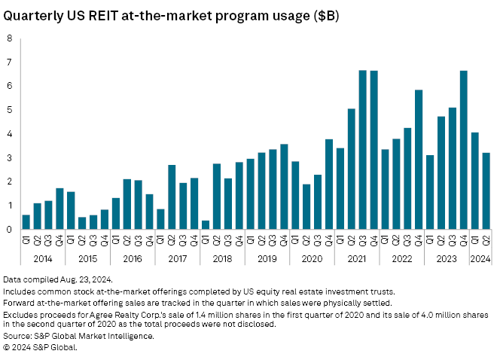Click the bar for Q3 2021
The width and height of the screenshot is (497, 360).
(362, 150)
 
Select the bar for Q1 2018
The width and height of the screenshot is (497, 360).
(206, 224)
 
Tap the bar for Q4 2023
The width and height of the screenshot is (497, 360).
(464, 150)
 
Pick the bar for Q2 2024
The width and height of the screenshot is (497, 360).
(486, 191)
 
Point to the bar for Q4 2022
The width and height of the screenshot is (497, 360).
(419, 160)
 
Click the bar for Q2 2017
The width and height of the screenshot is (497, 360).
(172, 197)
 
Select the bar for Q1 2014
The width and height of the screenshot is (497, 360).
(26, 222)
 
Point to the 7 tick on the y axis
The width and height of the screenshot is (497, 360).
(10, 63)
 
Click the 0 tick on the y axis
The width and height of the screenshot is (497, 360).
(10, 229)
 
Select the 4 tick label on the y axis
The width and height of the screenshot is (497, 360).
(10, 134)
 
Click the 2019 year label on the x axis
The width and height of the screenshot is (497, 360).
(268, 258)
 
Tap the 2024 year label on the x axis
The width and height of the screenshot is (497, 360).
(480, 258)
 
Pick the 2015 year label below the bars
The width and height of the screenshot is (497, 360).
(87, 258)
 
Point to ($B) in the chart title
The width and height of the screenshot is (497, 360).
(322, 16)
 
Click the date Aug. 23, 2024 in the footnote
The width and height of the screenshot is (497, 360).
(81, 279)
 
